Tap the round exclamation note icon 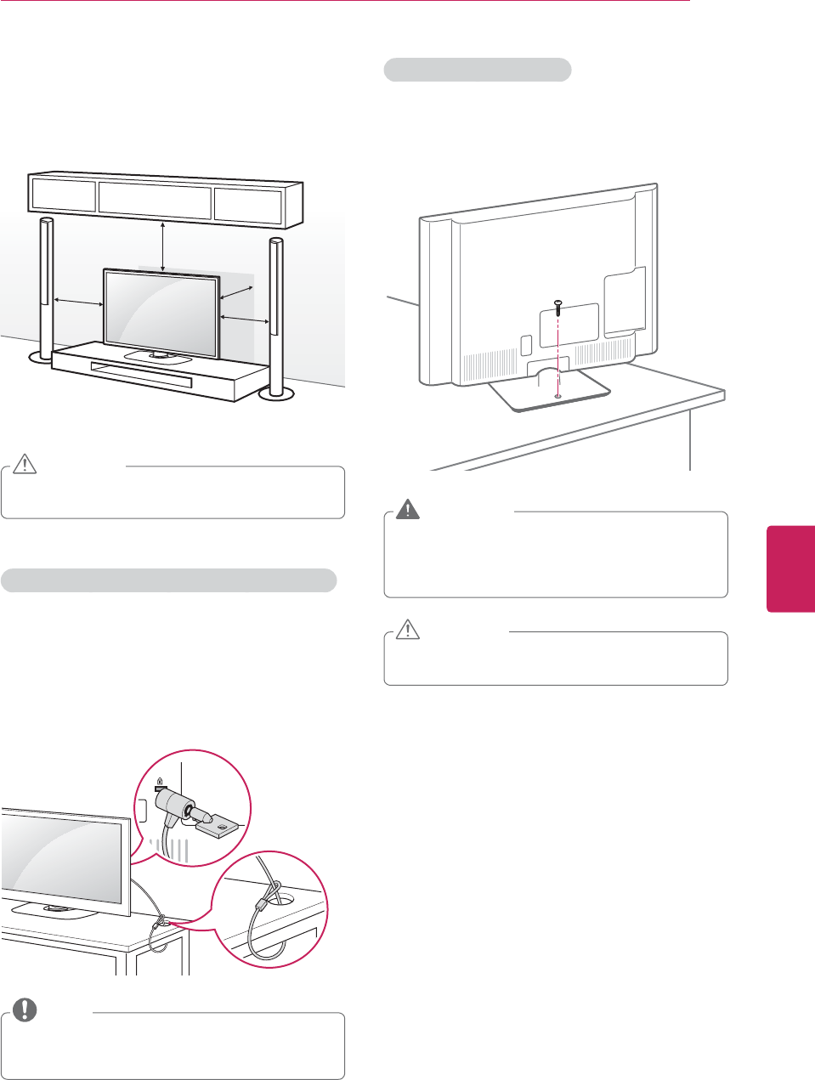(25, 1009)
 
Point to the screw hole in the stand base (557, 395)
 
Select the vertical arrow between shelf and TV (162, 244)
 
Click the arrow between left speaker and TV (78, 301)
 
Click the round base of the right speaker (275, 393)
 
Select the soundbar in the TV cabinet (141, 374)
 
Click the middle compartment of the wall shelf (155, 200)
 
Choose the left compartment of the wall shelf (63, 195)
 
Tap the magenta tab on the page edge (790, 568)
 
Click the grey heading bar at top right (477, 70)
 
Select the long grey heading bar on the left (168, 580)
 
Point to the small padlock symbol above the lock (159, 779)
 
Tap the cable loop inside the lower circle (264, 922)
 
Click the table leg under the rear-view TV (690, 438)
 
